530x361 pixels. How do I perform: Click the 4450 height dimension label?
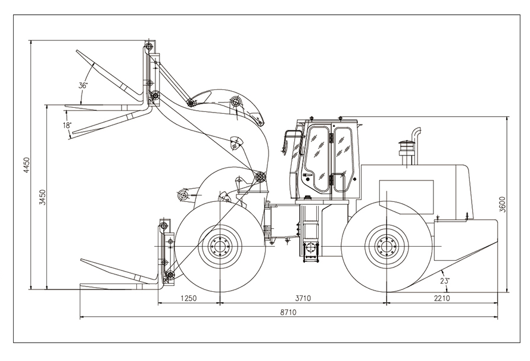pyautogui.click(x=26, y=165)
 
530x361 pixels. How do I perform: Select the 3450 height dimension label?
pyautogui.click(x=42, y=197)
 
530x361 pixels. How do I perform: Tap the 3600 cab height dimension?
pyautogui.click(x=503, y=204)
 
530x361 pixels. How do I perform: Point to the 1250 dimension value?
pyautogui.click(x=188, y=298)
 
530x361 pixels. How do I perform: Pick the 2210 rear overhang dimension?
pyautogui.click(x=442, y=298)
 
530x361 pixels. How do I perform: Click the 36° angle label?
pyautogui.click(x=83, y=85)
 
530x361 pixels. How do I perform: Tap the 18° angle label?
pyautogui.click(x=67, y=125)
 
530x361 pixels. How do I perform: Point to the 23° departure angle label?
pyautogui.click(x=445, y=280)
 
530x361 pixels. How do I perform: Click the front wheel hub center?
pyautogui.click(x=220, y=246)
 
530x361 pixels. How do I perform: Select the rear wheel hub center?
pyautogui.click(x=386, y=246)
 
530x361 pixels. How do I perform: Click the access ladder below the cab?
pyautogui.click(x=310, y=251)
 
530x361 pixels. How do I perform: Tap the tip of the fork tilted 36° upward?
pyautogui.click(x=77, y=51)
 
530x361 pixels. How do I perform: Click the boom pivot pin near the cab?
pyautogui.click(x=260, y=176)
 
